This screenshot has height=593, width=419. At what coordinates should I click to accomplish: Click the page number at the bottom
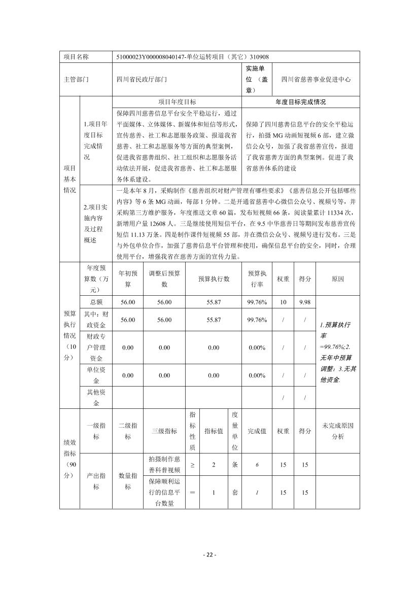209,554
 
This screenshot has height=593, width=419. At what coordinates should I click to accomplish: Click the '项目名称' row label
76,57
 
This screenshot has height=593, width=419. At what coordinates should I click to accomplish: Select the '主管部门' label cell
76,80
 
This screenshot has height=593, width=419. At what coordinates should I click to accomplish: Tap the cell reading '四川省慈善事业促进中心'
316,80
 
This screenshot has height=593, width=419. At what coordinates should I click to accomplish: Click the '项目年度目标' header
178,102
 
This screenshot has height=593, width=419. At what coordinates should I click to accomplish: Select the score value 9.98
305,302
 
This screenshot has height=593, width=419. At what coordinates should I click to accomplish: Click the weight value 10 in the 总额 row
283,302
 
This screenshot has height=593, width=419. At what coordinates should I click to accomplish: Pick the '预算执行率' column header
257,279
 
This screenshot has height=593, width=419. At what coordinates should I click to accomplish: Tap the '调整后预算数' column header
164,279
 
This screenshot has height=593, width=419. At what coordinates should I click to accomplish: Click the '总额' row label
96,302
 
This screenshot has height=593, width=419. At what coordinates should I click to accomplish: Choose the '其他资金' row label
96,398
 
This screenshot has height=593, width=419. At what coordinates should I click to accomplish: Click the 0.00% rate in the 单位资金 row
257,375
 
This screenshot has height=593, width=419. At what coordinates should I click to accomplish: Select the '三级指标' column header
164,431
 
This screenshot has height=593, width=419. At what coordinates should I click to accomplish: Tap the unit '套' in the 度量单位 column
234,493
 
